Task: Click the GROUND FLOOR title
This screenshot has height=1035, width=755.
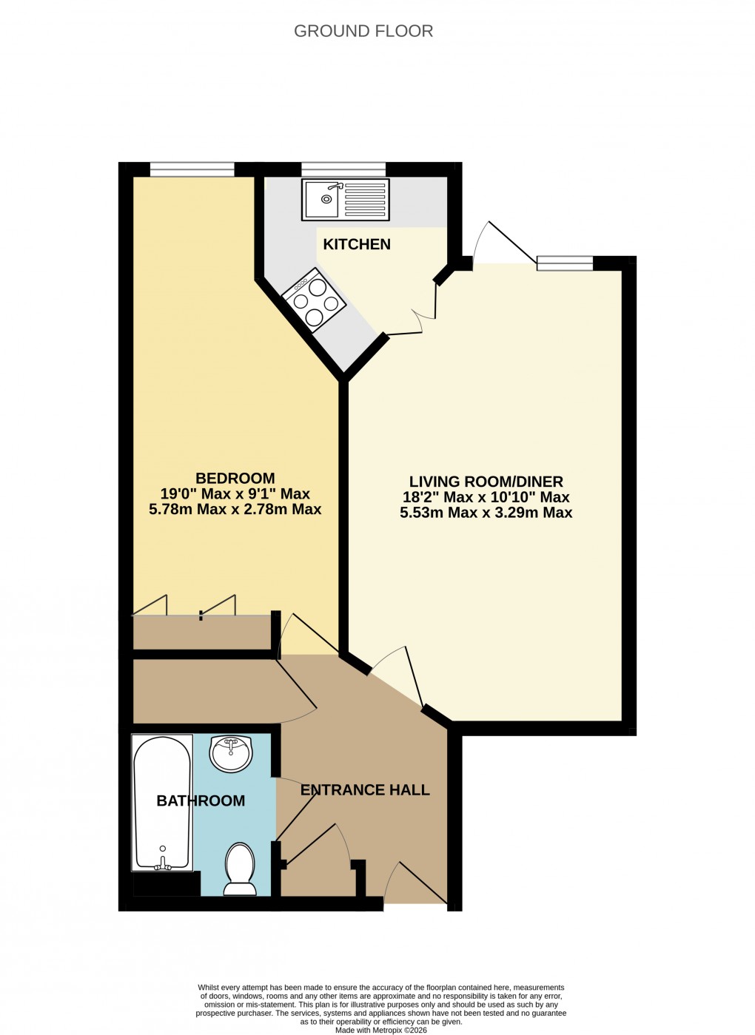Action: [x=363, y=31]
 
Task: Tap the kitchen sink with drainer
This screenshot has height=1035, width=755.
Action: [x=345, y=200]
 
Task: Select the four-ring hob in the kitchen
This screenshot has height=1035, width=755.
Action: [x=315, y=302]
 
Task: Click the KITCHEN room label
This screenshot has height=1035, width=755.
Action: [x=357, y=244]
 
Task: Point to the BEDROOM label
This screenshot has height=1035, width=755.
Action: [x=235, y=479]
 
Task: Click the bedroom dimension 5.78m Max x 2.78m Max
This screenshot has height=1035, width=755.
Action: [x=235, y=509]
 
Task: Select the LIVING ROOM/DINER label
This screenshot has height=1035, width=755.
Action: [x=486, y=482]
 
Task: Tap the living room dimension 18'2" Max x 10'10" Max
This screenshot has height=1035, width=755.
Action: [x=486, y=497]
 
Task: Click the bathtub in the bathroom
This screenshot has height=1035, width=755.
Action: [x=162, y=799]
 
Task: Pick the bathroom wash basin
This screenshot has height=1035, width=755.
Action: [x=231, y=753]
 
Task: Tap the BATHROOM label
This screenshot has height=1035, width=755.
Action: [x=201, y=800]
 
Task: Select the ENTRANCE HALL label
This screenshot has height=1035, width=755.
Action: [x=365, y=790]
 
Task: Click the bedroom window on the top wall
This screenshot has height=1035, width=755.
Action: [x=192, y=169]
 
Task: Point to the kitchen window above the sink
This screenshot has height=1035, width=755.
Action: [x=343, y=169]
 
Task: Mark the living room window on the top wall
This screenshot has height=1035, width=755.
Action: [x=565, y=263]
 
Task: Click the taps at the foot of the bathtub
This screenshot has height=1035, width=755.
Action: [x=163, y=862]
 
